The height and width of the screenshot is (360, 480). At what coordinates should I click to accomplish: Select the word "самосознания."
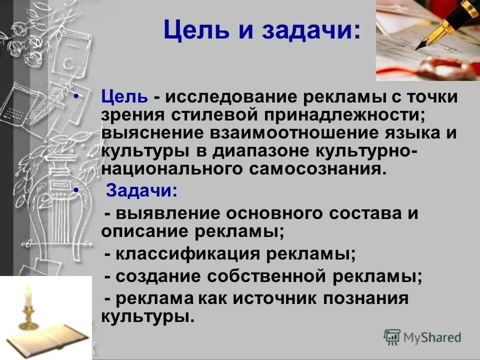point(317,169)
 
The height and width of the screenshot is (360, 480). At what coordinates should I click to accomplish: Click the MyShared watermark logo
point(422,337)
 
